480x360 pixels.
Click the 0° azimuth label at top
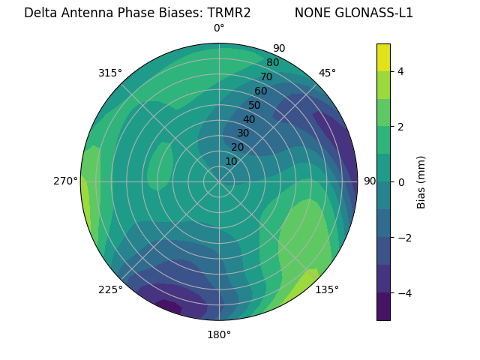[x=219, y=28]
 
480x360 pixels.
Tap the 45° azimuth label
[x=327, y=73]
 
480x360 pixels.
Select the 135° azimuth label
[x=327, y=289]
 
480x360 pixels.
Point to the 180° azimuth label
[x=219, y=334]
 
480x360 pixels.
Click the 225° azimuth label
[x=110, y=290]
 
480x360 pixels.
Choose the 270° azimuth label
[x=66, y=181]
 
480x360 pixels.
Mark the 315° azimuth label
[x=110, y=73]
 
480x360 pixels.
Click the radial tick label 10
[x=231, y=161]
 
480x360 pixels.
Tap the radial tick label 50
[x=255, y=105]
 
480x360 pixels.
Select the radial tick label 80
[x=272, y=63]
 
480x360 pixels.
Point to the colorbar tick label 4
[x=401, y=71]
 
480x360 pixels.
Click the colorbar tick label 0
[x=401, y=181]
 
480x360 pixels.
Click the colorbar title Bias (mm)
[x=421, y=181]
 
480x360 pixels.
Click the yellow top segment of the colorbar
[x=383, y=57]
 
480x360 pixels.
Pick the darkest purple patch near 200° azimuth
[x=169, y=306]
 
